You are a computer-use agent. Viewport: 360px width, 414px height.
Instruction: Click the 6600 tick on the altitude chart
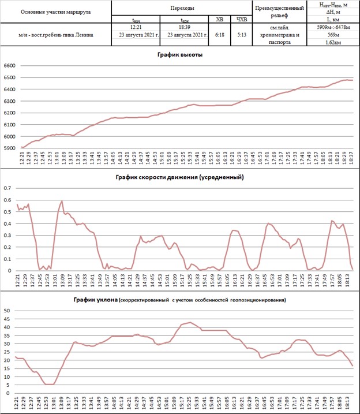[10, 66]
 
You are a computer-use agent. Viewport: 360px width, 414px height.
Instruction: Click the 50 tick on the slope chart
[7, 311]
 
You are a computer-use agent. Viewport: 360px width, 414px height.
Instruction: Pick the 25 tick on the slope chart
[7, 352]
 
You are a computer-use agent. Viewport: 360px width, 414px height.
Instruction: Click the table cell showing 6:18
[220, 35]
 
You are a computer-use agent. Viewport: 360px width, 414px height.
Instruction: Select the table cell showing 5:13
[241, 35]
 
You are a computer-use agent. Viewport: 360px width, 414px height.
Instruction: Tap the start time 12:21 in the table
[136, 27]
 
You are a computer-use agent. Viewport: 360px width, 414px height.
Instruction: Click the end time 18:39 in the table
[186, 27]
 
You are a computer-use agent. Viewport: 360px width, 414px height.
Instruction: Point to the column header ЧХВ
[241, 20]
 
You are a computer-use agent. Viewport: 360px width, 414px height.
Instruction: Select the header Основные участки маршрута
[56, 12]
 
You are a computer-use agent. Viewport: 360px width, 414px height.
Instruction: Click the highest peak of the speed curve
[62, 201]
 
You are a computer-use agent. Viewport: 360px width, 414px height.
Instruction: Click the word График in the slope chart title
[87, 300]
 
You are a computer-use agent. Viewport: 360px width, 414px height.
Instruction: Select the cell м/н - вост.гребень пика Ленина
[56, 35]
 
